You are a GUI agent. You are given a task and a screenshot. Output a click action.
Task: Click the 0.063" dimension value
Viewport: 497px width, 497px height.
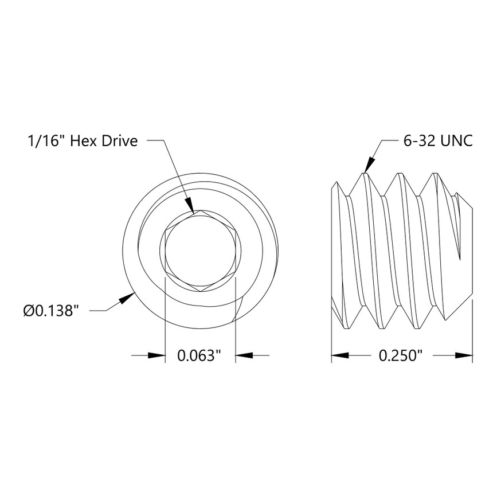point(199,356)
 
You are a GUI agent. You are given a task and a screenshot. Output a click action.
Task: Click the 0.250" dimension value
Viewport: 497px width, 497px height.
point(401,356)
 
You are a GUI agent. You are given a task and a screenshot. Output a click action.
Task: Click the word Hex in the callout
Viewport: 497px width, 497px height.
point(83,141)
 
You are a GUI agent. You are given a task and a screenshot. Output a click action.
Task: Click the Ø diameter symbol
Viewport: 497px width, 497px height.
point(29,311)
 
